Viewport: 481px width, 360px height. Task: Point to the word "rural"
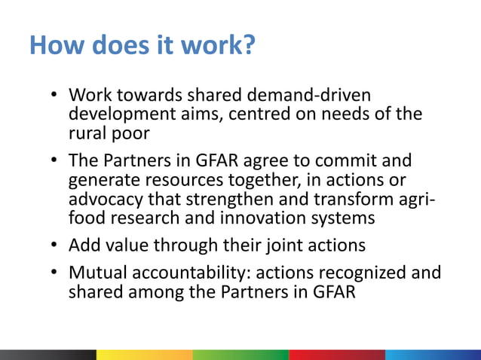click(87, 134)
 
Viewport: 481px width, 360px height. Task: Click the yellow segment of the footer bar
click(144, 355)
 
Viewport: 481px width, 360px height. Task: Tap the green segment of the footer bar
click(240, 355)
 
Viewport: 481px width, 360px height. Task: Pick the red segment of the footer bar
click(336, 355)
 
